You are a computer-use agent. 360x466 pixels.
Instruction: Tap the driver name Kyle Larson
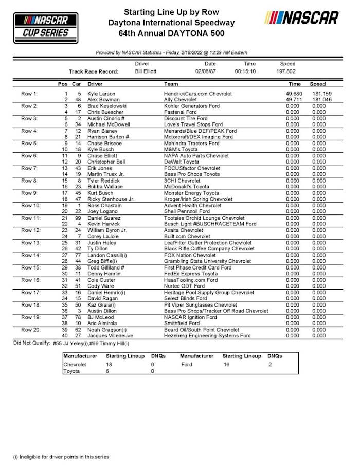pos(101,94)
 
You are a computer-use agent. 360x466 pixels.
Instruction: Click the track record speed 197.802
pos(286,71)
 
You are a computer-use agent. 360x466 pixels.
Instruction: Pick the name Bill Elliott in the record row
pos(146,71)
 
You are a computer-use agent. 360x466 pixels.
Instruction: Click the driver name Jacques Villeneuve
pos(111,335)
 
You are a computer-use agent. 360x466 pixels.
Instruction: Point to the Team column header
pos(171,83)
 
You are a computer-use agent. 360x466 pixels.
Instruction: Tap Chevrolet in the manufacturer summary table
pos(75,364)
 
